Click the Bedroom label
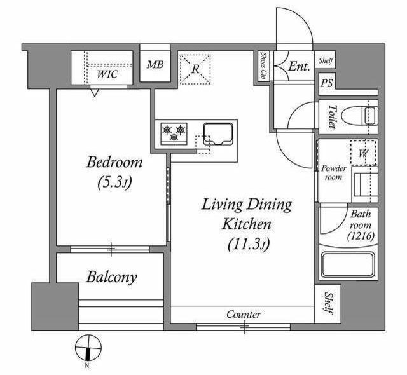(114, 162)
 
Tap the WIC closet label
(107, 74)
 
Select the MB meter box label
(155, 64)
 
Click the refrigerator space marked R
(195, 69)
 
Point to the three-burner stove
(174, 133)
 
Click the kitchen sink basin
(218, 134)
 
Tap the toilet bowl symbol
(359, 116)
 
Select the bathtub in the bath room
(348, 265)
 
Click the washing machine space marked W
(364, 153)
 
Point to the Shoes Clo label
(265, 65)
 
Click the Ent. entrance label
(300, 66)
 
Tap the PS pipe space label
(326, 83)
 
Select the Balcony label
(112, 276)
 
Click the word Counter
(243, 315)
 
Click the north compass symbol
(88, 348)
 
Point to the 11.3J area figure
(249, 243)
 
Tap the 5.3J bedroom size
(115, 182)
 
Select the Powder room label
(333, 173)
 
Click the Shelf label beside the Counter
(328, 303)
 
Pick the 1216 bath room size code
(361, 236)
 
